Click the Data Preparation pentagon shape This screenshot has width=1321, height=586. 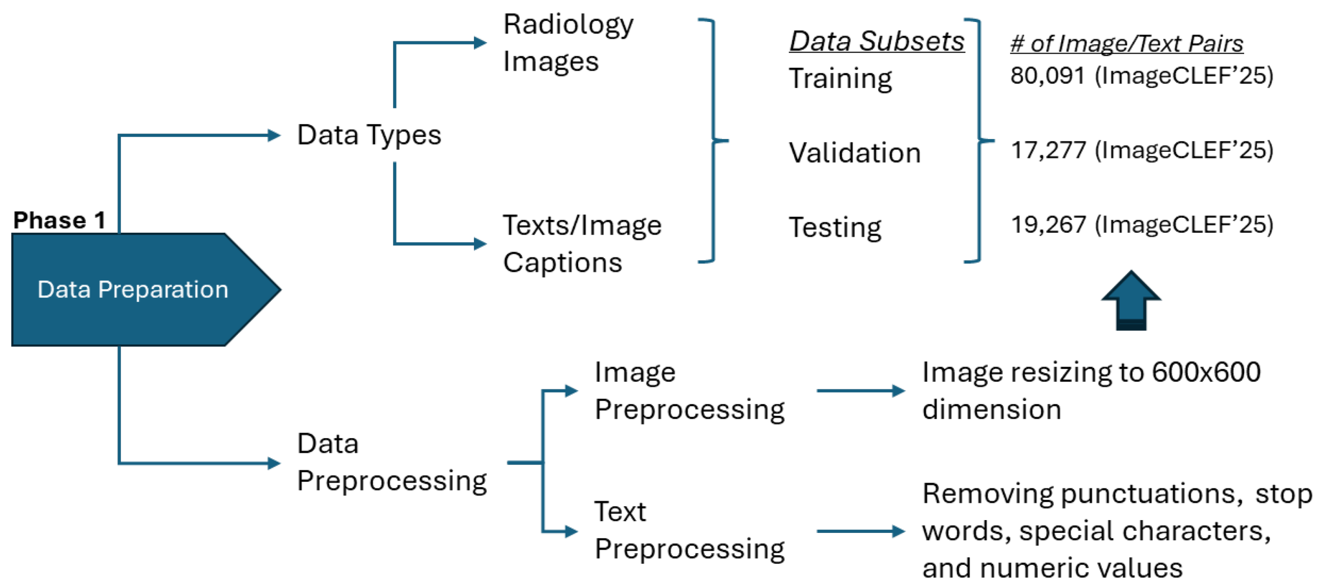click(133, 290)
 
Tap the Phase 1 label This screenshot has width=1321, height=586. click(59, 220)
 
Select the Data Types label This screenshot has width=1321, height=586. click(369, 135)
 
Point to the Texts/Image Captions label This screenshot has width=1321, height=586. click(581, 244)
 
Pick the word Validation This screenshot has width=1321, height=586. click(854, 153)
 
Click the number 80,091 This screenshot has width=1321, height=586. click(1047, 76)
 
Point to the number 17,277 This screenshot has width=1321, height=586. click(1047, 150)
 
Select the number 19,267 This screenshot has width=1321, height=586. click(1047, 225)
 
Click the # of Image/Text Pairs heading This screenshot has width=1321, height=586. click(1126, 43)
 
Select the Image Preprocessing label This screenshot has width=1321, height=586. click(689, 391)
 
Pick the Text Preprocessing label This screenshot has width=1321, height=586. click(689, 531)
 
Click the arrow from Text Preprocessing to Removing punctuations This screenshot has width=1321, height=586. click(860, 531)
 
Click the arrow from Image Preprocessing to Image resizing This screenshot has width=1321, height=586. click(860, 391)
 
